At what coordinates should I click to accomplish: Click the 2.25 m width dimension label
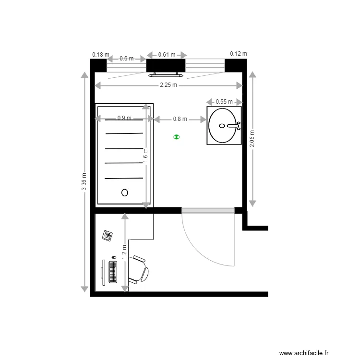point(168,85)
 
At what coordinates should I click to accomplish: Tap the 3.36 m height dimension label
point(84,182)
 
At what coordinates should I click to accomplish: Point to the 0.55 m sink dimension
point(224,102)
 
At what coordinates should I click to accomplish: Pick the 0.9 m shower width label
point(124,118)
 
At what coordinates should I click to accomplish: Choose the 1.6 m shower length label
point(145,156)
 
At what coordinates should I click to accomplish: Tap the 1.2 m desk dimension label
point(124,252)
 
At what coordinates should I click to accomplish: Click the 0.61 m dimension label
point(167,55)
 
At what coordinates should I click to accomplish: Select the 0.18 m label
point(100,55)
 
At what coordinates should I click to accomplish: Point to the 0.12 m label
point(238,54)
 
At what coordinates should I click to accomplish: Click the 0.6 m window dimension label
point(126,59)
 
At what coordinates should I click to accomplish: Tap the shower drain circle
point(125,192)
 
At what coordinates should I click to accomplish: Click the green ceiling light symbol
point(177,137)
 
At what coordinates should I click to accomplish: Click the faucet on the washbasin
point(235,126)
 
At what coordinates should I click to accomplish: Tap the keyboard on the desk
point(113,272)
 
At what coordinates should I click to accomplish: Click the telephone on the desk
point(107,235)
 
